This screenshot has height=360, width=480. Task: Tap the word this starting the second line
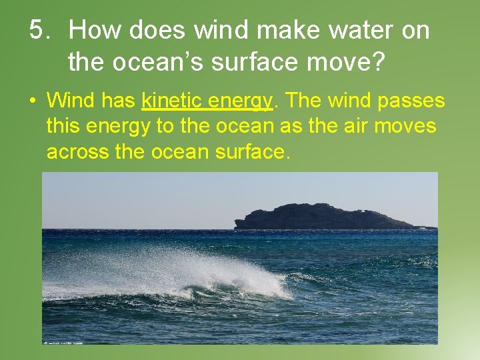pyautogui.click(x=62, y=126)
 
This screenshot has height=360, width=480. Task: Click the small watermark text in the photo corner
pyautogui.click(x=64, y=341)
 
